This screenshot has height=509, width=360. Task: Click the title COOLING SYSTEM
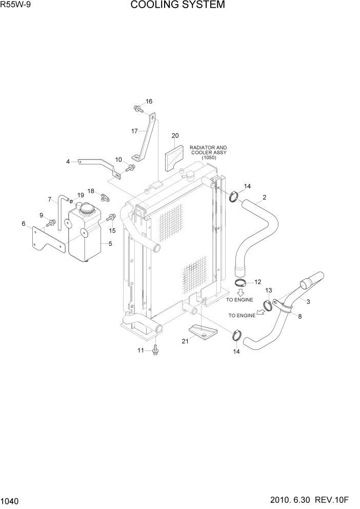[177, 6]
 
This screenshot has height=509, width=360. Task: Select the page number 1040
[11, 500]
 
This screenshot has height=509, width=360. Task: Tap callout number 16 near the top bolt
[149, 101]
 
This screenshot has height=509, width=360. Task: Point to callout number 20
[175, 136]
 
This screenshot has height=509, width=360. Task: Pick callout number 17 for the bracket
[135, 131]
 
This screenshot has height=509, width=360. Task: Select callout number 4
[68, 162]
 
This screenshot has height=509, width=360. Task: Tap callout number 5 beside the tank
[110, 244]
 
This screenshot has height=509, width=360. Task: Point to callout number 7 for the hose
[50, 199]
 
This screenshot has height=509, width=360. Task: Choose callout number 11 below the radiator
[141, 350]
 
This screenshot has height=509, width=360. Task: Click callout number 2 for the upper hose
[264, 197]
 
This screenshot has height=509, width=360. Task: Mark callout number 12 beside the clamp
[257, 282]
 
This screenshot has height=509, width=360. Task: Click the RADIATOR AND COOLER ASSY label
[209, 152]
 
